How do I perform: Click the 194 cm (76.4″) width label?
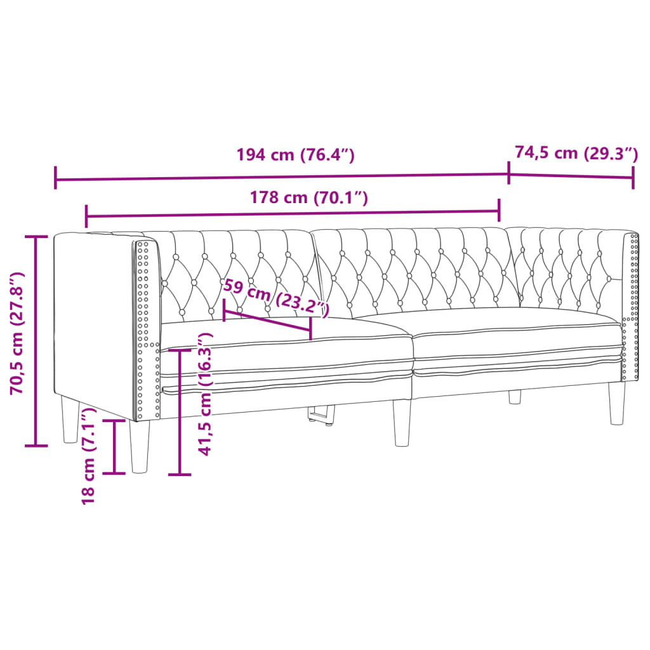pyautogui.click(x=295, y=155)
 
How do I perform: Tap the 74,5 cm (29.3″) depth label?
pyautogui.click(x=576, y=153)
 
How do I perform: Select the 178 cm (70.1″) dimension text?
pyautogui.click(x=309, y=198)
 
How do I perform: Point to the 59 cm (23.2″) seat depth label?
pyautogui.click(x=276, y=297)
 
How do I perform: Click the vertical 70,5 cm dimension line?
pyautogui.click(x=36, y=341)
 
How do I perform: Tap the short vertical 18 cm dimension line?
pyautogui.click(x=114, y=446)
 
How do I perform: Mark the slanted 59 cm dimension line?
pyautogui.click(x=267, y=319)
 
